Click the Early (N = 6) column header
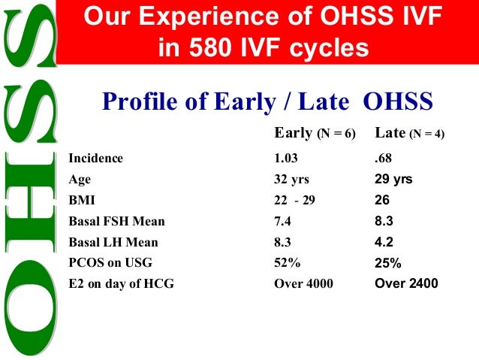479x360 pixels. click(x=314, y=134)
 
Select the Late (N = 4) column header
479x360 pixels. click(x=409, y=134)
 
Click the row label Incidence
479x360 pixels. click(x=95, y=159)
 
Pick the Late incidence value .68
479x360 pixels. click(x=384, y=159)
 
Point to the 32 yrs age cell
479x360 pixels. click(x=292, y=180)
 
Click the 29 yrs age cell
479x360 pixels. click(x=393, y=180)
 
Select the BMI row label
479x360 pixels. click(x=80, y=201)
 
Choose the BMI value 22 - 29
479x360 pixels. click(x=295, y=201)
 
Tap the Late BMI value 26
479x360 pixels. click(x=383, y=201)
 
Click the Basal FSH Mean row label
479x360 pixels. click(x=116, y=222)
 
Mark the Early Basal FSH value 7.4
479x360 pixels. click(x=284, y=222)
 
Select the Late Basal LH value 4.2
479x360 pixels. click(x=384, y=243)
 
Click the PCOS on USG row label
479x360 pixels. click(x=110, y=263)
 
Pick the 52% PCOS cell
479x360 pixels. click(x=287, y=263)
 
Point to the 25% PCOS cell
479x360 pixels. click(x=387, y=263)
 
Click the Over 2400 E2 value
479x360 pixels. click(x=406, y=284)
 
